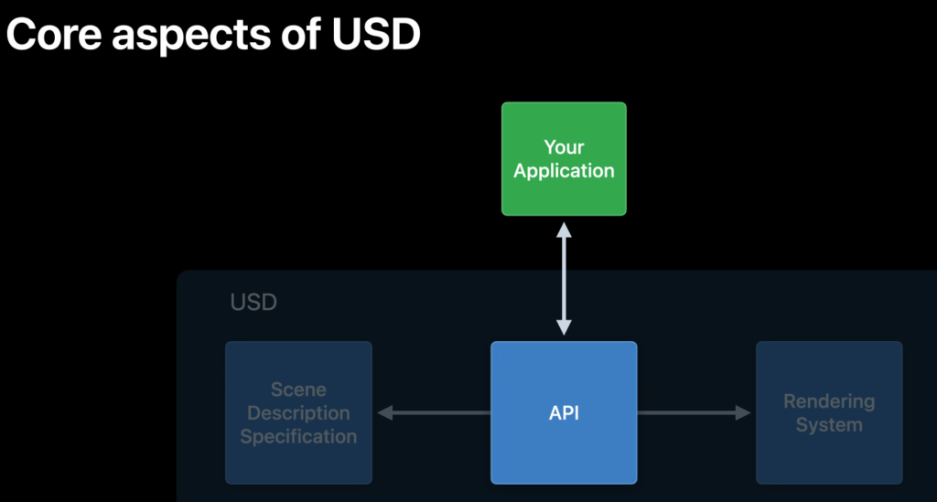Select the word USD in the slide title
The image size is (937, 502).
[375, 36]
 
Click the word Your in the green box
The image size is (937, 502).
[564, 147]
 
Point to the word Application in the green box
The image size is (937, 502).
[564, 171]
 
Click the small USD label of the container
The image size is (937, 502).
[253, 302]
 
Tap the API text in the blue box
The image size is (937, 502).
[564, 413]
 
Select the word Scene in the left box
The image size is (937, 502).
[298, 390]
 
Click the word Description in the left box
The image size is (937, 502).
[298, 413]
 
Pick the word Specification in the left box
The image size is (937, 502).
[298, 436]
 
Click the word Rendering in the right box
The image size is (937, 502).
[829, 401]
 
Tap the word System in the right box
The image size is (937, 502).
[829, 425]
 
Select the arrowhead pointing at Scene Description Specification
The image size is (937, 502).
[385, 413]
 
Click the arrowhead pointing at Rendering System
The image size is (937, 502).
[742, 413]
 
